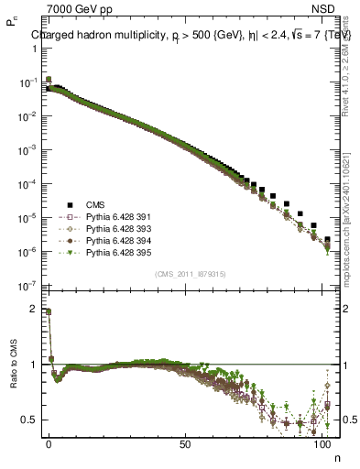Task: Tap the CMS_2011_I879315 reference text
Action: (x=184, y=274)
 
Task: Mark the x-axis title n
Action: (x=336, y=455)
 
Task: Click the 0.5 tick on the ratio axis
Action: (x=27, y=420)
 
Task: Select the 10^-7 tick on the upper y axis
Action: (x=24, y=285)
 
